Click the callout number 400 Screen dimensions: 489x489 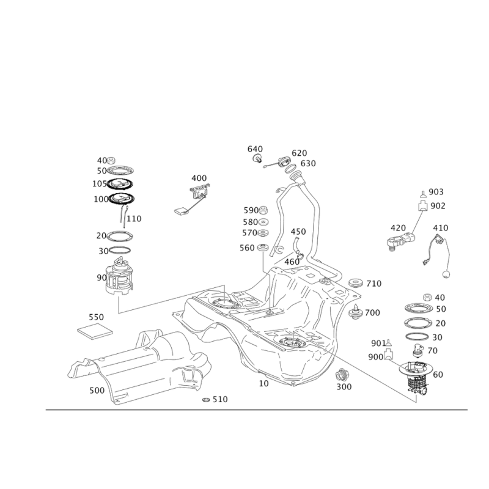click(199, 178)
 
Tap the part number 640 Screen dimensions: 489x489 click(254, 149)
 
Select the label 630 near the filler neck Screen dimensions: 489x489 click(308, 163)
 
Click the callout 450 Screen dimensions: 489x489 click(298, 232)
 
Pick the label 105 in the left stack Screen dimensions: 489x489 click(99, 183)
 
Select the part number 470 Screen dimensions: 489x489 click(441, 228)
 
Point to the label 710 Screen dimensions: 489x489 click(374, 284)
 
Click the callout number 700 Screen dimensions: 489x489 click(373, 312)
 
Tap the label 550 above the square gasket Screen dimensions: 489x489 click(97, 317)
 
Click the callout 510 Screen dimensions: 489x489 click(219, 399)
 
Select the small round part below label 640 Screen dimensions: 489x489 click(258, 160)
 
